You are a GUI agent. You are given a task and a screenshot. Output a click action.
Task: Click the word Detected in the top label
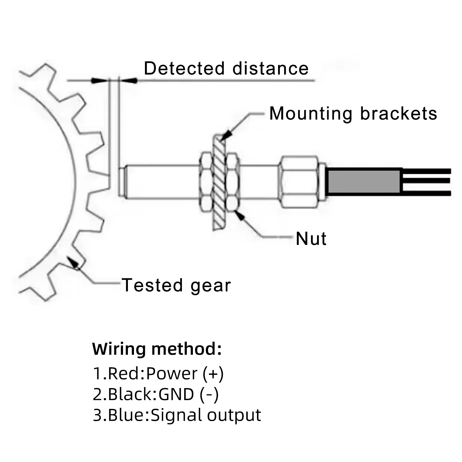pyautogui.click(x=184, y=69)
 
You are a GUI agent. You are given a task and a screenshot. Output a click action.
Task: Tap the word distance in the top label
pyautogui.click(x=271, y=69)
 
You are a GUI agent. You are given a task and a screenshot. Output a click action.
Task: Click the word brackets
pyautogui.click(x=398, y=113)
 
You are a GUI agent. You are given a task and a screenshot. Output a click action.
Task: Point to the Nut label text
pyautogui.click(x=311, y=239)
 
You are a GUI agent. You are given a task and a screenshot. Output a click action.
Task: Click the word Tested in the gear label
pyautogui.click(x=152, y=285)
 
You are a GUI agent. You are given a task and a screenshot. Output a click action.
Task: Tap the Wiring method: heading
pyautogui.click(x=157, y=349)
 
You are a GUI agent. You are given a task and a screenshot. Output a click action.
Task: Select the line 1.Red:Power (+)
pyautogui.click(x=158, y=373)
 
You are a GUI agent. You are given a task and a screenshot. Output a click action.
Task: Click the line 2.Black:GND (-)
pyautogui.click(x=156, y=394)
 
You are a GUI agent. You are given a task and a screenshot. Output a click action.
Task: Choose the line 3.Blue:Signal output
pyautogui.click(x=177, y=415)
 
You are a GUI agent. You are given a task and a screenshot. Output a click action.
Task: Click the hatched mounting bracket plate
pyautogui.click(x=219, y=182)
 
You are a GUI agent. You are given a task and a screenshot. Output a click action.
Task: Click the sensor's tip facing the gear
pyautogui.click(x=122, y=181)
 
